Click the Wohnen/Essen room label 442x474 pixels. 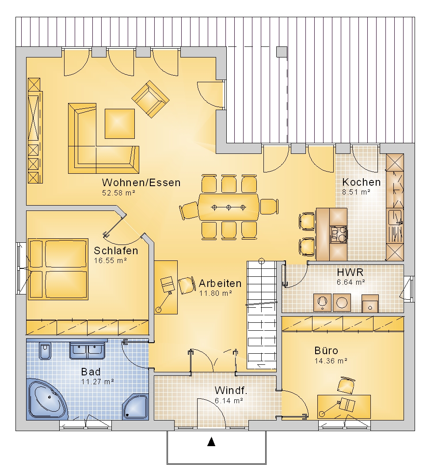click(141, 183)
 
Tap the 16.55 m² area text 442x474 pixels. click(110, 260)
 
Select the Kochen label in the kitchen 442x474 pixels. click(361, 182)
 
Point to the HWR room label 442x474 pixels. click(350, 272)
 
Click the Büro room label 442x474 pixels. click(326, 350)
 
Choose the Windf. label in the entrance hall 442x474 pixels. click(231, 390)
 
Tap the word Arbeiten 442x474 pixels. click(220, 283)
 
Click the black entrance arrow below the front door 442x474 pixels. click(211, 442)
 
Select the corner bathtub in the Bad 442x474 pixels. click(47, 399)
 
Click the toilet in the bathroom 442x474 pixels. click(45, 351)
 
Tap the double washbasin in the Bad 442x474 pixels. click(88, 351)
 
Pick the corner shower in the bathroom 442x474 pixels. click(136, 407)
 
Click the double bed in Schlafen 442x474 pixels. click(58, 269)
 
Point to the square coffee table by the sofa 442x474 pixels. click(120, 124)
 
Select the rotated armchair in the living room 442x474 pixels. click(150, 99)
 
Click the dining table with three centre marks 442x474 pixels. click(229, 207)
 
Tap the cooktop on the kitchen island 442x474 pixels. click(338, 235)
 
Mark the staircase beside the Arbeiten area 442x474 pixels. click(262, 315)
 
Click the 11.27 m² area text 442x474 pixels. click(98, 382)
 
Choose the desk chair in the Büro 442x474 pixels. click(346, 385)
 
